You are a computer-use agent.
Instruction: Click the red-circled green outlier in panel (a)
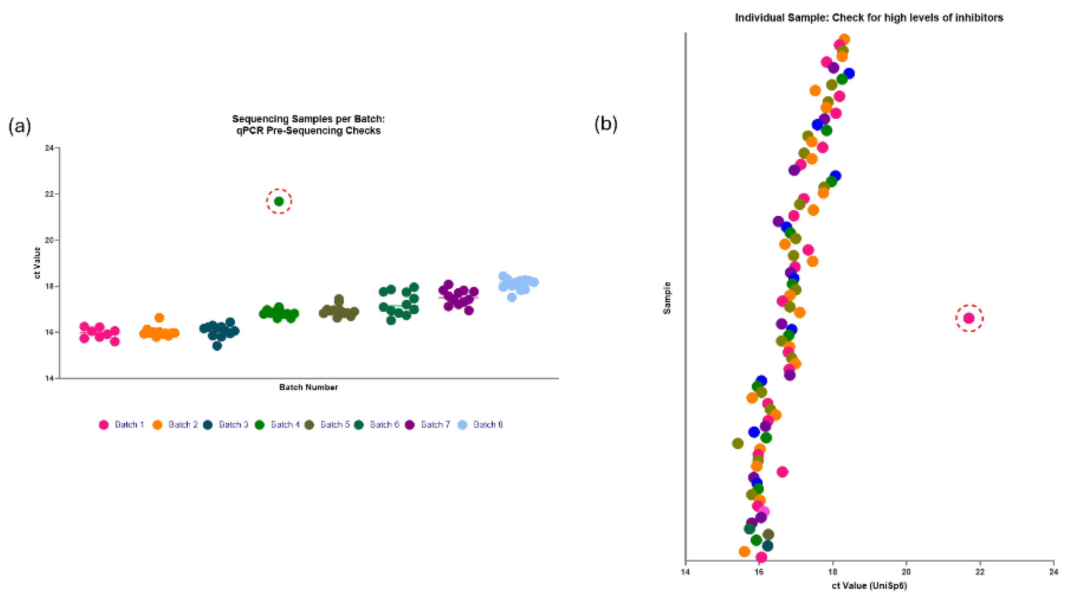279,201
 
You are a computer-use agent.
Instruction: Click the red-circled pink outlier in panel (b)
969,318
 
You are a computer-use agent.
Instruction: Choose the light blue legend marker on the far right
462,424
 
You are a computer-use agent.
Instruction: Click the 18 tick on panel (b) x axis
832,572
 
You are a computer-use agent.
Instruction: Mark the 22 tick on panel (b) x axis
980,572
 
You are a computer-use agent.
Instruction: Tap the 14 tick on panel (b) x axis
685,572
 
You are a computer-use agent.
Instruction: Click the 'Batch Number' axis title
308,387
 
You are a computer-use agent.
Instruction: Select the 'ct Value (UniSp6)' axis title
869,586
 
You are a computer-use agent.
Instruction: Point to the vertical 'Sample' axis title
667,298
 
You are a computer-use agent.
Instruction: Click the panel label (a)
20,126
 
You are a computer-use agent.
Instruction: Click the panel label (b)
606,124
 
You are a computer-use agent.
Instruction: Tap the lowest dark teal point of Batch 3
217,346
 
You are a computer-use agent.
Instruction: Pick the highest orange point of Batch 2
159,318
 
